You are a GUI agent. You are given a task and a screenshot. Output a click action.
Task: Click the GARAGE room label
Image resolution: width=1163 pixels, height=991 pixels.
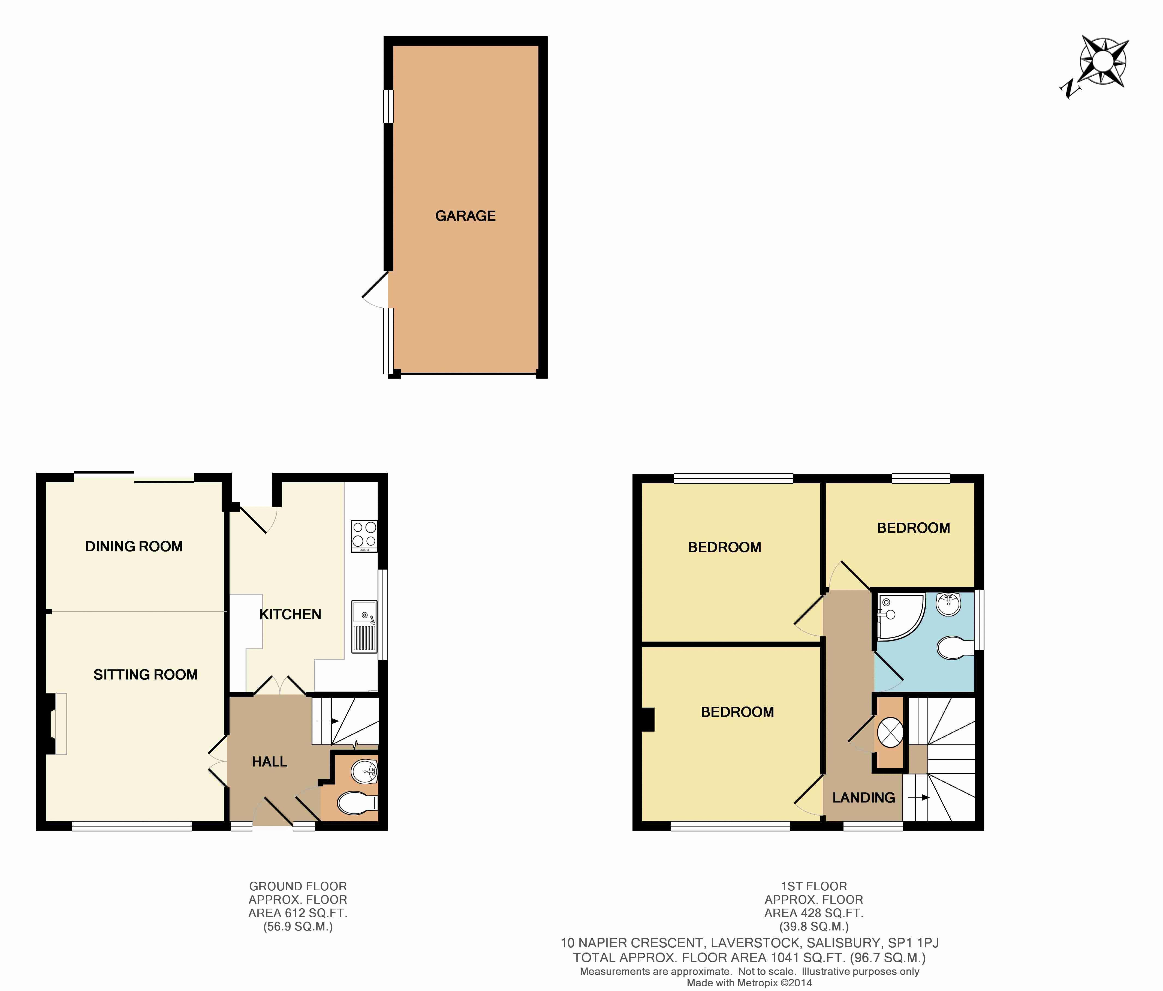point(465,215)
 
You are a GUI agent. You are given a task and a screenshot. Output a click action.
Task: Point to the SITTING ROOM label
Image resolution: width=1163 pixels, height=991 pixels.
point(145,674)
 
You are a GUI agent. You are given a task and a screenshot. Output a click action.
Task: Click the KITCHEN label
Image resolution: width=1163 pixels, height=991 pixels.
point(290,614)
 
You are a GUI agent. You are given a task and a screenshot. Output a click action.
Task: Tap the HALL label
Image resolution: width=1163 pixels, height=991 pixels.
point(269,761)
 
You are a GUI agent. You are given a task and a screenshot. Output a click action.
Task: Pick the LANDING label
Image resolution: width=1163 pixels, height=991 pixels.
point(863,797)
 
